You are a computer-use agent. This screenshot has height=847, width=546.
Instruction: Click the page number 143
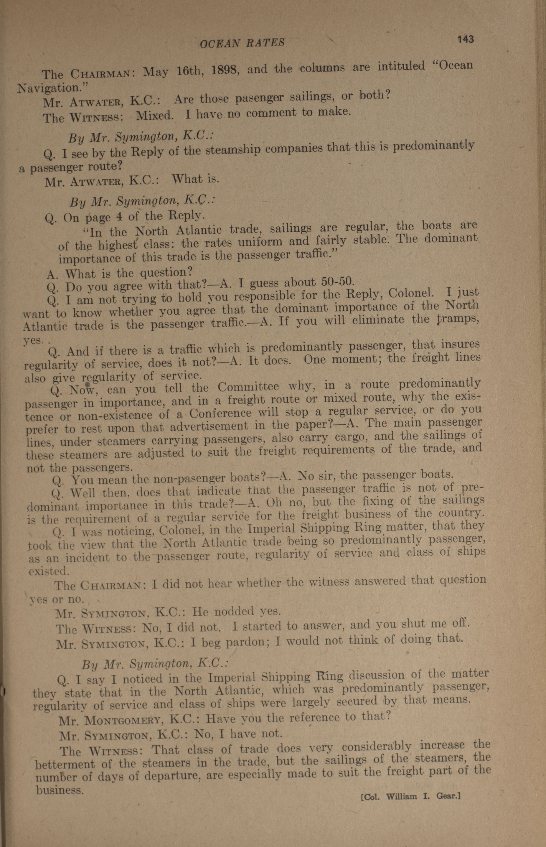(466, 39)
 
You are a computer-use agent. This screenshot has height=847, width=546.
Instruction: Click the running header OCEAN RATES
(242, 43)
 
